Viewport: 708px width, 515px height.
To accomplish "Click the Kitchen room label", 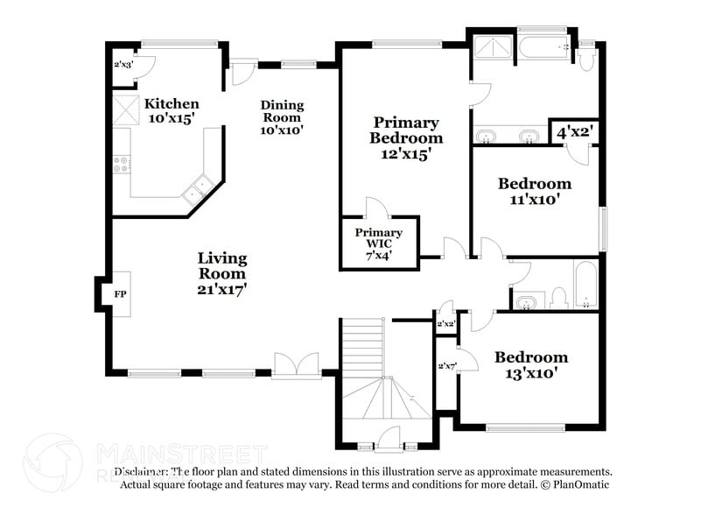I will pyautogui.click(x=172, y=110).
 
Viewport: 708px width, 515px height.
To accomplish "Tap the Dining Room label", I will pyautogui.click(x=281, y=117).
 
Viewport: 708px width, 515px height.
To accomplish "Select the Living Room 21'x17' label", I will pyautogui.click(x=221, y=272).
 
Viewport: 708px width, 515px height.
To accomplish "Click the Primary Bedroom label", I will pyautogui.click(x=405, y=138).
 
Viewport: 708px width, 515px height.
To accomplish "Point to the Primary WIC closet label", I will pyautogui.click(x=379, y=243).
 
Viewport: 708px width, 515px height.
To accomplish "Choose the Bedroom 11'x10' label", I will pyautogui.click(x=534, y=191).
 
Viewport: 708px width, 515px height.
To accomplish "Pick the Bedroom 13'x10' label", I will pyautogui.click(x=530, y=364).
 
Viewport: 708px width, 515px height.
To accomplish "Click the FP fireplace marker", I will pyautogui.click(x=120, y=294).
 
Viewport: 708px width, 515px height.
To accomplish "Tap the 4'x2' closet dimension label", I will pyautogui.click(x=575, y=132).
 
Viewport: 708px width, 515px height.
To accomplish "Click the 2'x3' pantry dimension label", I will pyautogui.click(x=123, y=65).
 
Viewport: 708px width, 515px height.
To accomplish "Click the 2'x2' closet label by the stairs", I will pyautogui.click(x=445, y=324).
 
